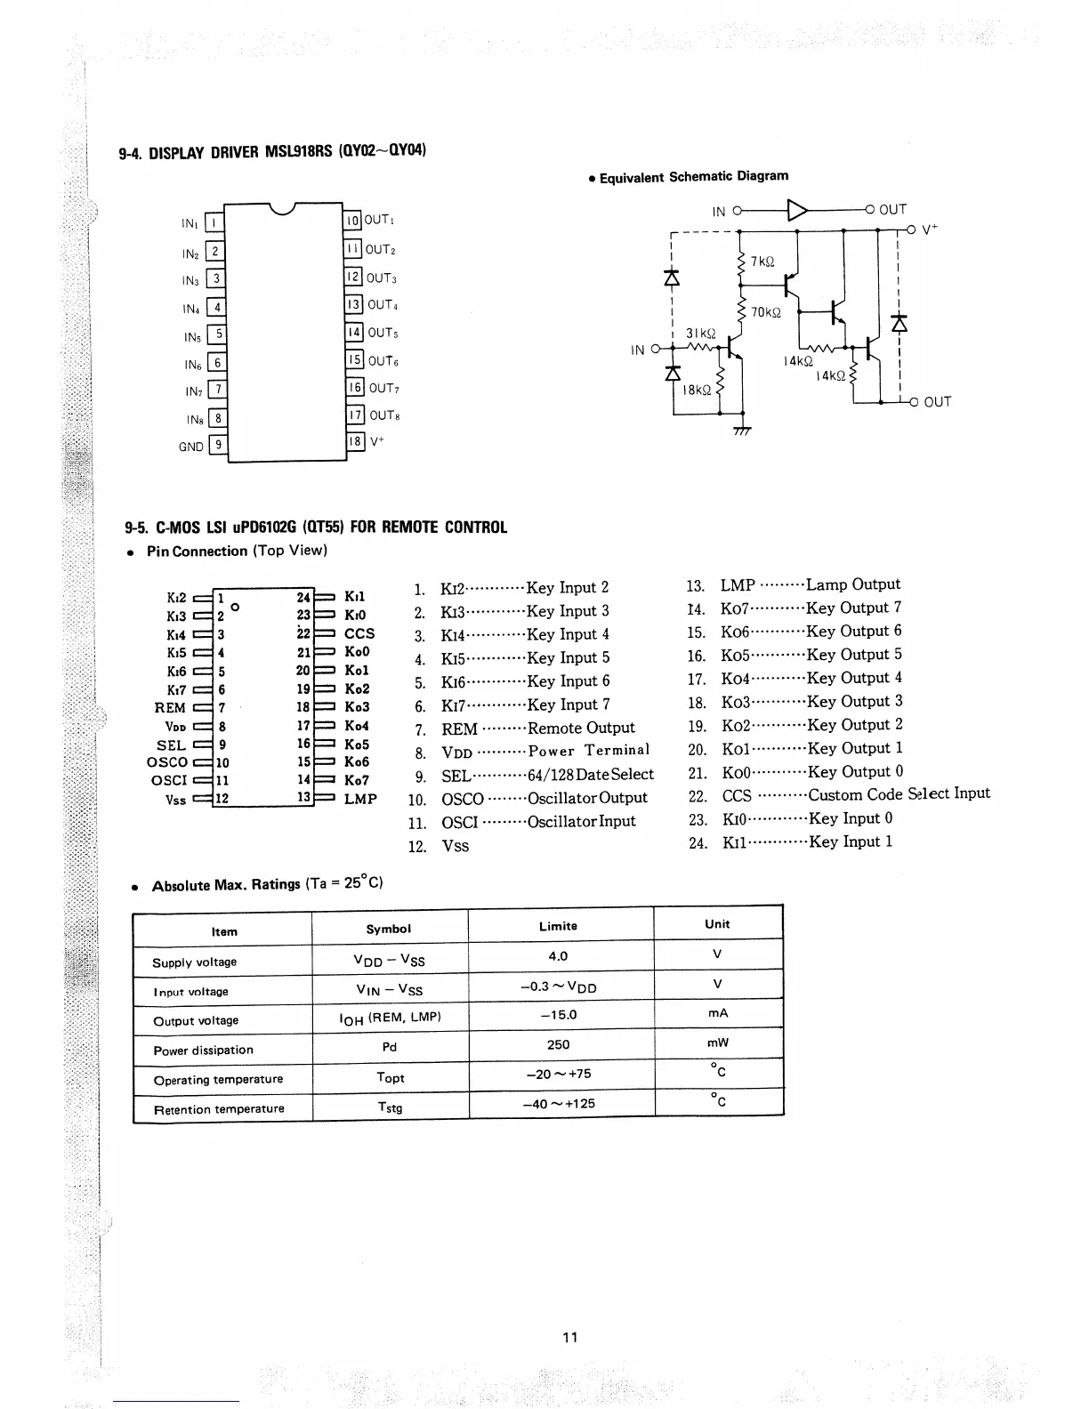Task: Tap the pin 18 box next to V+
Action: [x=355, y=441]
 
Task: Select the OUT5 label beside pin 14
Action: [x=383, y=333]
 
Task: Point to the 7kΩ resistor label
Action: [x=762, y=262]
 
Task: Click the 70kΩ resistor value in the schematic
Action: [x=765, y=312]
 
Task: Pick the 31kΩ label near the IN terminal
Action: [x=700, y=334]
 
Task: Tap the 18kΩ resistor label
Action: [x=697, y=390]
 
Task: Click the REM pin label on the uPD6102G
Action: [x=170, y=708]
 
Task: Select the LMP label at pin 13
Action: [x=360, y=799]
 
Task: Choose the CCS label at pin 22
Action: [x=359, y=633]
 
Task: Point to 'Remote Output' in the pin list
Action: [x=581, y=728]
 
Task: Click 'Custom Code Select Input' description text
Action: [x=899, y=794]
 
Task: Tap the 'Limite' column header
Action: [x=558, y=926]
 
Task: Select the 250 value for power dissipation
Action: [x=559, y=1044]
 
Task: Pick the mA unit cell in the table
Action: [x=718, y=1013]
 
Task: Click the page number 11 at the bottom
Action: [x=570, y=1337]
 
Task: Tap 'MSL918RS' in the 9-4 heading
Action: [x=298, y=151]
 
